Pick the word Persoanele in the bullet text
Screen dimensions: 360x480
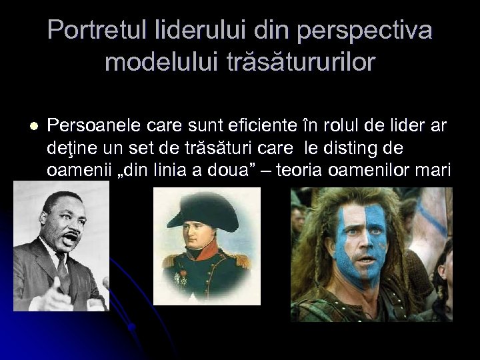(x=89, y=125)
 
